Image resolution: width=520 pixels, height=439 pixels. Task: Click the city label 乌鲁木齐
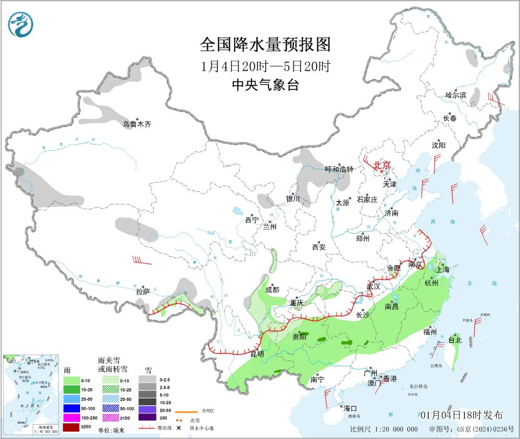(x=136, y=124)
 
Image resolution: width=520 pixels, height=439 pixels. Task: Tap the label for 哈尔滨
(x=456, y=95)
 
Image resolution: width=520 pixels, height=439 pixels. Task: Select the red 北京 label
(x=382, y=165)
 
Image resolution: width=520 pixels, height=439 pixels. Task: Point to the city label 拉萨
(x=143, y=291)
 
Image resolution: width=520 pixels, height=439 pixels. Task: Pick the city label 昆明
(x=257, y=354)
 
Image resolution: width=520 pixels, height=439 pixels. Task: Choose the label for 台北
(x=455, y=340)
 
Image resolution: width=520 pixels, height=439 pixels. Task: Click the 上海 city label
(x=443, y=270)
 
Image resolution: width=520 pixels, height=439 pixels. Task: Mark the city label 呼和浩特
(x=339, y=169)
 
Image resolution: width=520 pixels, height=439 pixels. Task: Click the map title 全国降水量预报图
(x=265, y=45)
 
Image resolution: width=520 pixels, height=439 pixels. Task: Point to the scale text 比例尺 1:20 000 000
(x=384, y=430)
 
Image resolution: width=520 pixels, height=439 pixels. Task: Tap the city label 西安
(x=319, y=247)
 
